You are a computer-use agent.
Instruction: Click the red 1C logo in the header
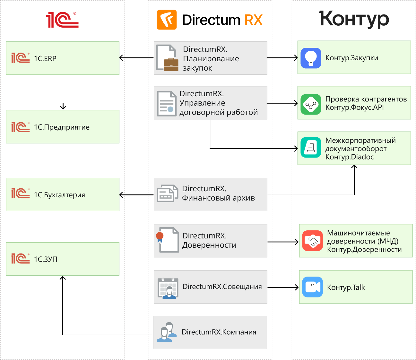click(x=62, y=20)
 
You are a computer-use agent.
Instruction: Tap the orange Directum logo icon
click(x=167, y=20)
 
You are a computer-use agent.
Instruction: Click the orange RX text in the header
click(x=253, y=20)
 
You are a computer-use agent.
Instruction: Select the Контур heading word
click(x=354, y=19)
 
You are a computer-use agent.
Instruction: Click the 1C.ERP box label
click(x=45, y=58)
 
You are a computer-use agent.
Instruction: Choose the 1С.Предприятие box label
click(x=62, y=127)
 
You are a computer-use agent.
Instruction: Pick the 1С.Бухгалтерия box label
click(x=59, y=195)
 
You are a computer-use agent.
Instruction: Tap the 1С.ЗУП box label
click(x=46, y=259)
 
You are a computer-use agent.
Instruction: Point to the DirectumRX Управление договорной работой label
click(x=218, y=103)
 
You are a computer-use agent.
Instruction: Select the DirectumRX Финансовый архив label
click(x=218, y=193)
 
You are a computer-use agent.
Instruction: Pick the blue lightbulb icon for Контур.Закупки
click(x=311, y=58)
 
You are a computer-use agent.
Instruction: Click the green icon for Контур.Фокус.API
click(x=311, y=104)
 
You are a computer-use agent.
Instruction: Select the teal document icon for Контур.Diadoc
click(x=311, y=147)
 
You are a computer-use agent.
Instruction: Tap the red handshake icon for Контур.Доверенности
click(x=312, y=241)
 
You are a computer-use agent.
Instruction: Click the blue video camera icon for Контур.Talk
click(x=312, y=287)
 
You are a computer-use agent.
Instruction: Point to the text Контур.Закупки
click(x=351, y=58)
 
